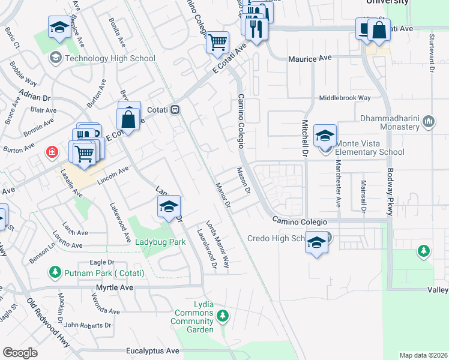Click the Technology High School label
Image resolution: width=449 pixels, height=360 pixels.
(110, 58)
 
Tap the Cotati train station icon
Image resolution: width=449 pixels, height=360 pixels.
(176, 110)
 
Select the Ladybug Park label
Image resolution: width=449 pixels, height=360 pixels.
(160, 242)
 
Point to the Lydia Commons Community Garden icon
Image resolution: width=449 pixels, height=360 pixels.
(223, 315)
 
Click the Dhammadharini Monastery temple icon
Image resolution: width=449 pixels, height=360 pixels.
(429, 122)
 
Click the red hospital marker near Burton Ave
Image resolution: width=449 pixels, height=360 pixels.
(53, 153)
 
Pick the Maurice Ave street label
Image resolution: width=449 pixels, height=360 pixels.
(310, 58)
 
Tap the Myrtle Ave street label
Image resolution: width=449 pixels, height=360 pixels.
(115, 288)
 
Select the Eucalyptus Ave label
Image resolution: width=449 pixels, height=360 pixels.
(153, 350)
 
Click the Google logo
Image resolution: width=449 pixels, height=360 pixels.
(20, 352)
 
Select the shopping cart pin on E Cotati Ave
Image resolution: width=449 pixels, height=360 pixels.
(218, 42)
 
